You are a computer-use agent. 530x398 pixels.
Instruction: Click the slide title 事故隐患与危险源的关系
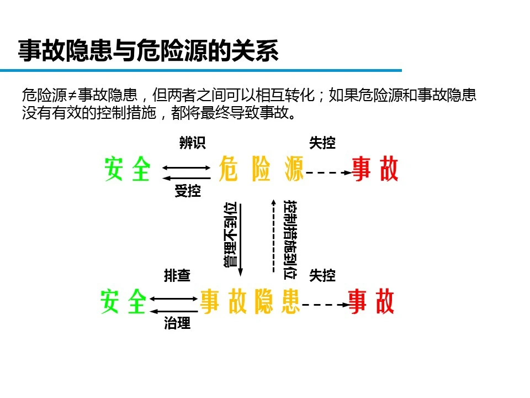point(148,51)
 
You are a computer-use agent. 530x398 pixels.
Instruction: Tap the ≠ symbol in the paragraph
point(72,96)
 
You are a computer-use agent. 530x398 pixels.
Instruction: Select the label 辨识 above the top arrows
point(192,143)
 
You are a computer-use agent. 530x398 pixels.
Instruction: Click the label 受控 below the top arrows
point(188,191)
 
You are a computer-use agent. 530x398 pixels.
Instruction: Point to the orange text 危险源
point(261,169)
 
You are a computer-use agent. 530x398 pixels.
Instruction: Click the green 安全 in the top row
point(128,169)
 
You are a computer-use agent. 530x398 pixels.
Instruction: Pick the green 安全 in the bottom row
point(123,301)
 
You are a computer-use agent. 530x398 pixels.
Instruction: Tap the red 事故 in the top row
point(375,169)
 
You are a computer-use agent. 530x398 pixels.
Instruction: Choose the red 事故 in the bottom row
point(371,301)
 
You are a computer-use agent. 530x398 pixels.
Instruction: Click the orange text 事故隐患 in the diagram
point(250,301)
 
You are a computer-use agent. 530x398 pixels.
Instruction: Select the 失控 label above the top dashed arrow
point(322,143)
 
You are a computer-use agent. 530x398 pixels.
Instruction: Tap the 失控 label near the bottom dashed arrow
point(322,275)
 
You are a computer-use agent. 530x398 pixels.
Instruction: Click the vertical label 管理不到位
point(231,235)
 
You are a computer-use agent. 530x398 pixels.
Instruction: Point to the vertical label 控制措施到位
point(290,239)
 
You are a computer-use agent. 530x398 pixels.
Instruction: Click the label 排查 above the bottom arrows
point(177,275)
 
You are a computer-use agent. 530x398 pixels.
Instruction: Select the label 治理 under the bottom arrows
point(177,323)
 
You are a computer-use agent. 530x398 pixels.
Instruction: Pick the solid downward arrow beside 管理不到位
point(241,239)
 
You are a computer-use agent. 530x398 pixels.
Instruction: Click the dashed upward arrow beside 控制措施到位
point(273,236)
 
